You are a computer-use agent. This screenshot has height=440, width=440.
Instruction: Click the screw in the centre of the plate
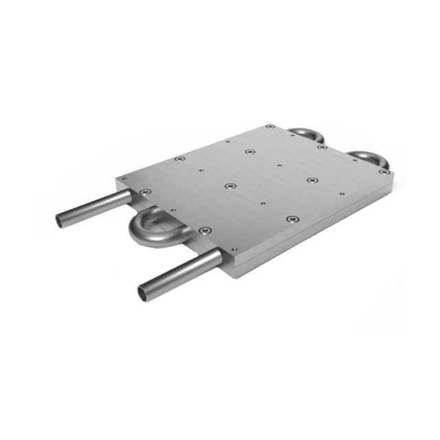[x=231, y=186]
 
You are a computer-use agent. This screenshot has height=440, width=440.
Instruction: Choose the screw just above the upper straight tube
[x=143, y=192]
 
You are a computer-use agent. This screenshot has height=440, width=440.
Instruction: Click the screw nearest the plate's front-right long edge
[x=294, y=220]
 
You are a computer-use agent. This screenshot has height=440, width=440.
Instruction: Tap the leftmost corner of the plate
[x=118, y=180]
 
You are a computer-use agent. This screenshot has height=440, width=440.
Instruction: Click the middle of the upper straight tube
[x=93, y=208]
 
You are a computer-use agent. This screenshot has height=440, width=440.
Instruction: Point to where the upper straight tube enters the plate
[x=129, y=195]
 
